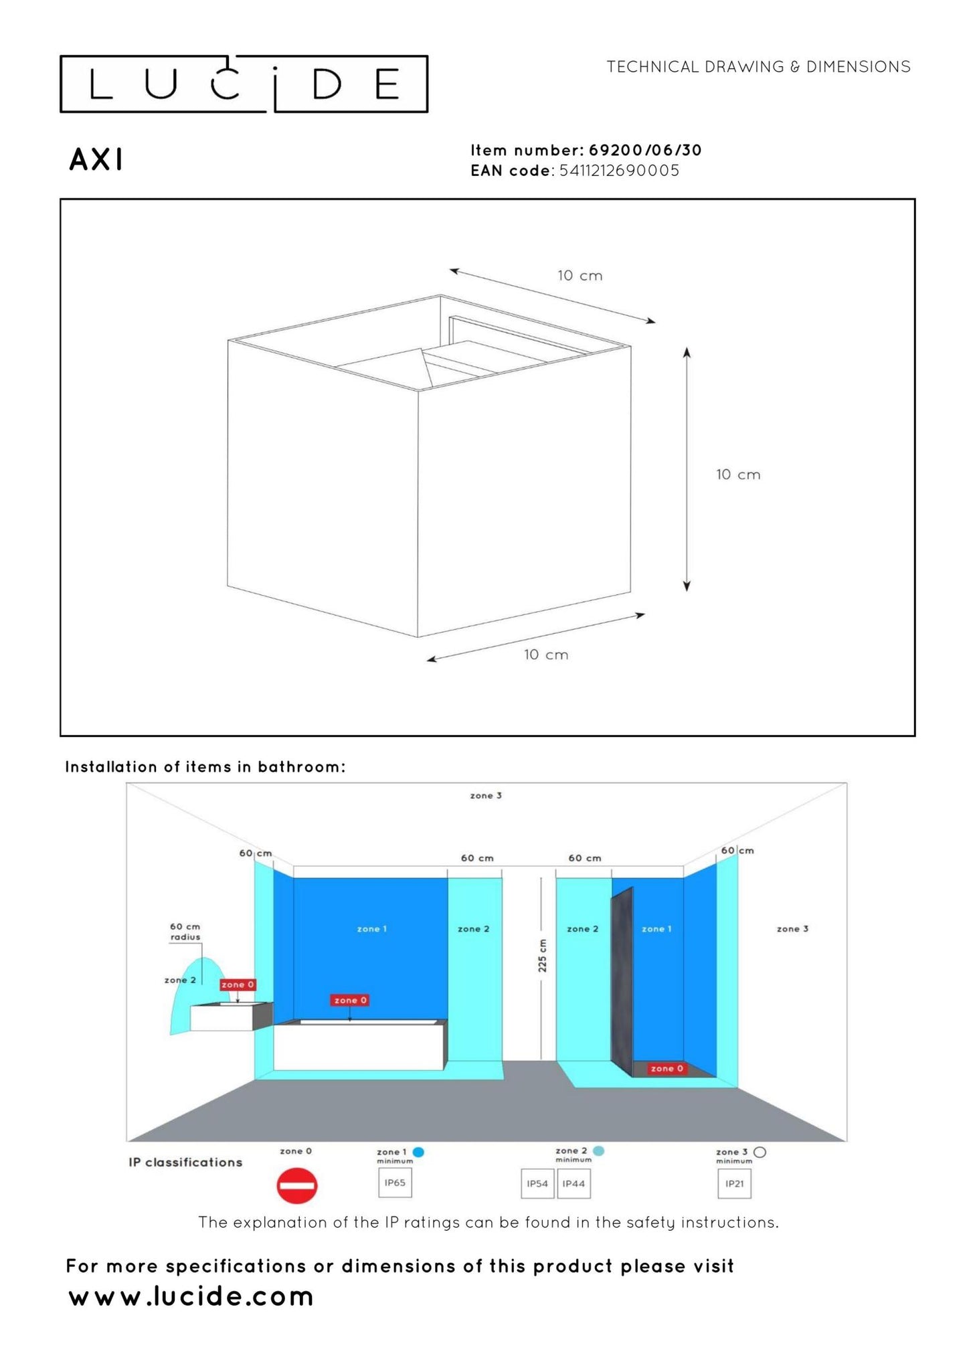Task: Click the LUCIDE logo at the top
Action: [x=244, y=84]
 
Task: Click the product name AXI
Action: [x=96, y=160]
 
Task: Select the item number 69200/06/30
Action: [x=645, y=150]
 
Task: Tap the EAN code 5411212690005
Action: [x=619, y=171]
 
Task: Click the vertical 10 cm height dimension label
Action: [x=738, y=475]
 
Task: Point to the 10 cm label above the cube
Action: [x=580, y=276]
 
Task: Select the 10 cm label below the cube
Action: [x=546, y=655]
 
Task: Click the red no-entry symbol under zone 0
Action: [x=297, y=1186]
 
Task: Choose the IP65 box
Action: [x=395, y=1183]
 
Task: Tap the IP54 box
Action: [x=537, y=1183]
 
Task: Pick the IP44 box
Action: [x=574, y=1183]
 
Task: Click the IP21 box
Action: [x=735, y=1183]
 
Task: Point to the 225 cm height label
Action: [x=543, y=956]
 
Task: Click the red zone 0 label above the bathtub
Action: [x=350, y=1000]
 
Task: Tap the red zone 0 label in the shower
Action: [x=667, y=1068]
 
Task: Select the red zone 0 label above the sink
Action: [x=238, y=985]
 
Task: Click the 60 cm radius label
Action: [x=185, y=932]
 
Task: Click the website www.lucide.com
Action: [x=191, y=1296]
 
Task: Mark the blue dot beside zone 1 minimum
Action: [x=419, y=1152]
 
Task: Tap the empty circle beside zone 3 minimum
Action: [x=760, y=1152]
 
